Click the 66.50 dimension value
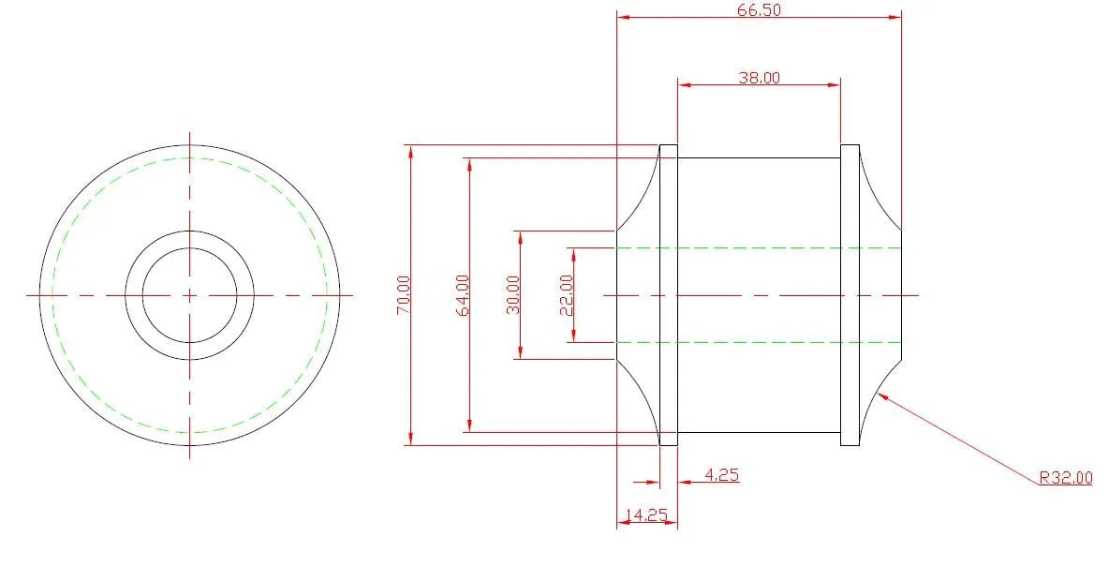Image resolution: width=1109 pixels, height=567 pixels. click(759, 10)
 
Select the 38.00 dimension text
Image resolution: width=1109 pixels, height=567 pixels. click(759, 78)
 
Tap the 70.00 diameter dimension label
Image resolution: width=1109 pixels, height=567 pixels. click(403, 295)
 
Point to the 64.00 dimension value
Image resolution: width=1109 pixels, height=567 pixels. click(464, 295)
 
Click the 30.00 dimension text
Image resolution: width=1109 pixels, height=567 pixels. click(513, 295)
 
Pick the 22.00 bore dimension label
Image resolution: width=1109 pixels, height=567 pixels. click(567, 295)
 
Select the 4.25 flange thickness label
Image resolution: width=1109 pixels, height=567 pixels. click(721, 474)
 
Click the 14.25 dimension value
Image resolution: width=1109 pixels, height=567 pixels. click(646, 515)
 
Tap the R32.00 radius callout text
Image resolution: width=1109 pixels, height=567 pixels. click(1065, 479)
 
